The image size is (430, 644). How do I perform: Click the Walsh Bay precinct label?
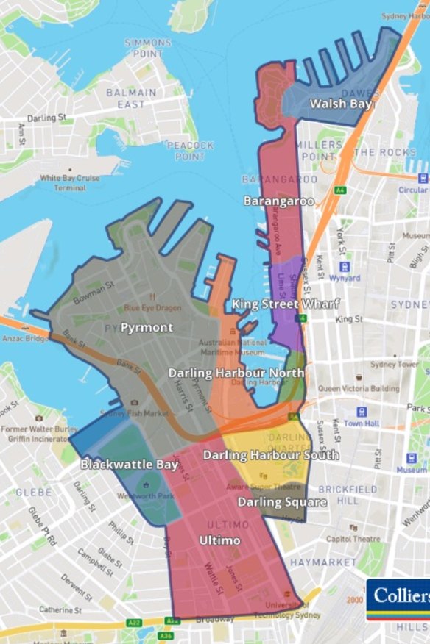(x=341, y=104)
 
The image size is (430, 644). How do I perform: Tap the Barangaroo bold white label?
(x=279, y=200)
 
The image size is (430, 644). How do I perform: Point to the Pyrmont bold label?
(x=147, y=327)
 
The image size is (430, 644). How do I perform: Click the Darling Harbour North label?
(x=236, y=373)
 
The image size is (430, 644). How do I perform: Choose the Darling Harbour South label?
(x=271, y=455)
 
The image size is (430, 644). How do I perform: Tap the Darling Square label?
(x=282, y=502)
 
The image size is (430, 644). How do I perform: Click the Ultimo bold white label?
(x=219, y=540)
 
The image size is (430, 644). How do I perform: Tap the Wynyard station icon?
(x=344, y=268)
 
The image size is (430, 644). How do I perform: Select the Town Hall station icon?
(x=362, y=412)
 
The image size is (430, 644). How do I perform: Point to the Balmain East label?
(x=131, y=98)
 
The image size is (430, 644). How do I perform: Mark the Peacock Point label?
(x=186, y=151)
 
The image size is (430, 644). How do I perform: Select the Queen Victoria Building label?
(x=359, y=389)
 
